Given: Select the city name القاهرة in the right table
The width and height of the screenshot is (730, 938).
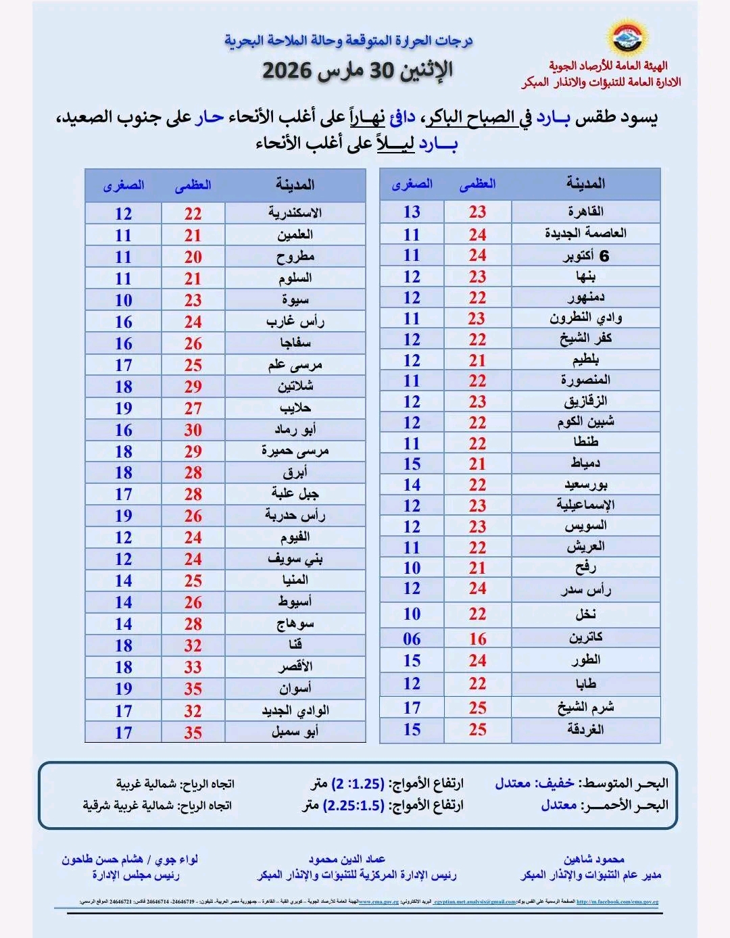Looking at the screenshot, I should tap(585, 212).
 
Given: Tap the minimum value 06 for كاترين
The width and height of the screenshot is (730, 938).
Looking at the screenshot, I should tap(412, 639).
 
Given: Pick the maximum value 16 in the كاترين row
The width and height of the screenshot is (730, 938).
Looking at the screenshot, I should tap(478, 639).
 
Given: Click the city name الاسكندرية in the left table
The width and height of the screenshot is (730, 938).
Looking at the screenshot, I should tap(295, 213).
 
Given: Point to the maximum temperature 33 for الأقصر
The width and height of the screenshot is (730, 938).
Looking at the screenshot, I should tap(193, 667).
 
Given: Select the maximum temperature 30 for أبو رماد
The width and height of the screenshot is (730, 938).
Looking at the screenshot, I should tap(193, 430).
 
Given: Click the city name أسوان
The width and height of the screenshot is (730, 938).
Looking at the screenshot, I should tap(295, 689).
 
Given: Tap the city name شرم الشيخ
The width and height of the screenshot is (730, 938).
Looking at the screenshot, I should tap(585, 708).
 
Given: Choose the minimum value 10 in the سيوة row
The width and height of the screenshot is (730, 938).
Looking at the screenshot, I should tap(123, 300).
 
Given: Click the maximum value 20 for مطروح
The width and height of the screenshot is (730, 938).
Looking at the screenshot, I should tap(193, 257).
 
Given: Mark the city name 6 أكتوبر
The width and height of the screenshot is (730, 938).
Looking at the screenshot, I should tap(585, 255).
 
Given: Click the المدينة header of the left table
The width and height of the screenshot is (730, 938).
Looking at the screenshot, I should tap(295, 184).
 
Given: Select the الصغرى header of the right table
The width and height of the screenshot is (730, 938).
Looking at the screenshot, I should tap(412, 184).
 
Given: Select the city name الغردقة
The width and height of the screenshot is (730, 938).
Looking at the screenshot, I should tap(585, 730).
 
